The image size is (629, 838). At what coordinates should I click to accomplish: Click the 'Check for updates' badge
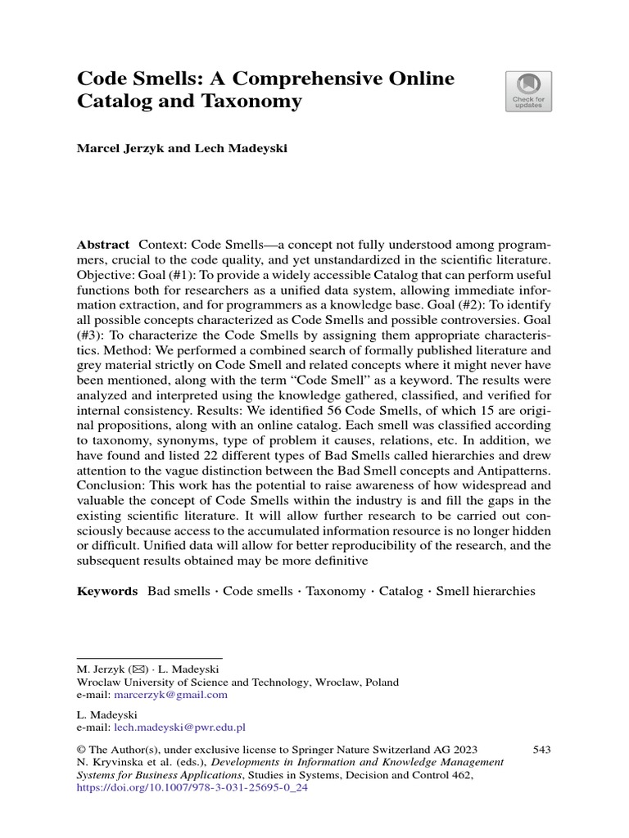[x=528, y=91]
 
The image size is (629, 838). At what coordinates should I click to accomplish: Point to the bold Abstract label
[x=102, y=246]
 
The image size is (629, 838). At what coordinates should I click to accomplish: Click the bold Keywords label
[x=107, y=591]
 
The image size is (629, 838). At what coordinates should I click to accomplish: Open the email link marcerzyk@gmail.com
[x=170, y=695]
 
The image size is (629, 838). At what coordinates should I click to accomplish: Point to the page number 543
[x=541, y=749]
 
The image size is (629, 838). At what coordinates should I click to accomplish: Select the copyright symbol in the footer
[x=81, y=750]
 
